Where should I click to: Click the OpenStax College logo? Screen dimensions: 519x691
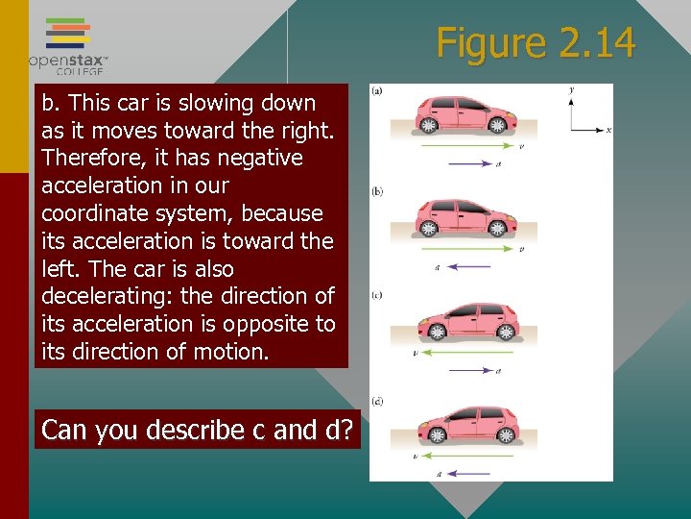68,45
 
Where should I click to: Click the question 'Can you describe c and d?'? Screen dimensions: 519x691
198,430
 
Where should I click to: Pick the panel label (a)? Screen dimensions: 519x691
377,91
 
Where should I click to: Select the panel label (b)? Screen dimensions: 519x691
377,191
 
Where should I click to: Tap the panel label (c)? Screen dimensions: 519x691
377,294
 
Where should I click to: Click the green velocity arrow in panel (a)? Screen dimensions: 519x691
465,147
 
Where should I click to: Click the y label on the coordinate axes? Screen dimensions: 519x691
571,90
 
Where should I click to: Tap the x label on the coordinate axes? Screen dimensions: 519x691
609,129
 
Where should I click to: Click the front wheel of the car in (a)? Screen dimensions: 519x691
498,125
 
